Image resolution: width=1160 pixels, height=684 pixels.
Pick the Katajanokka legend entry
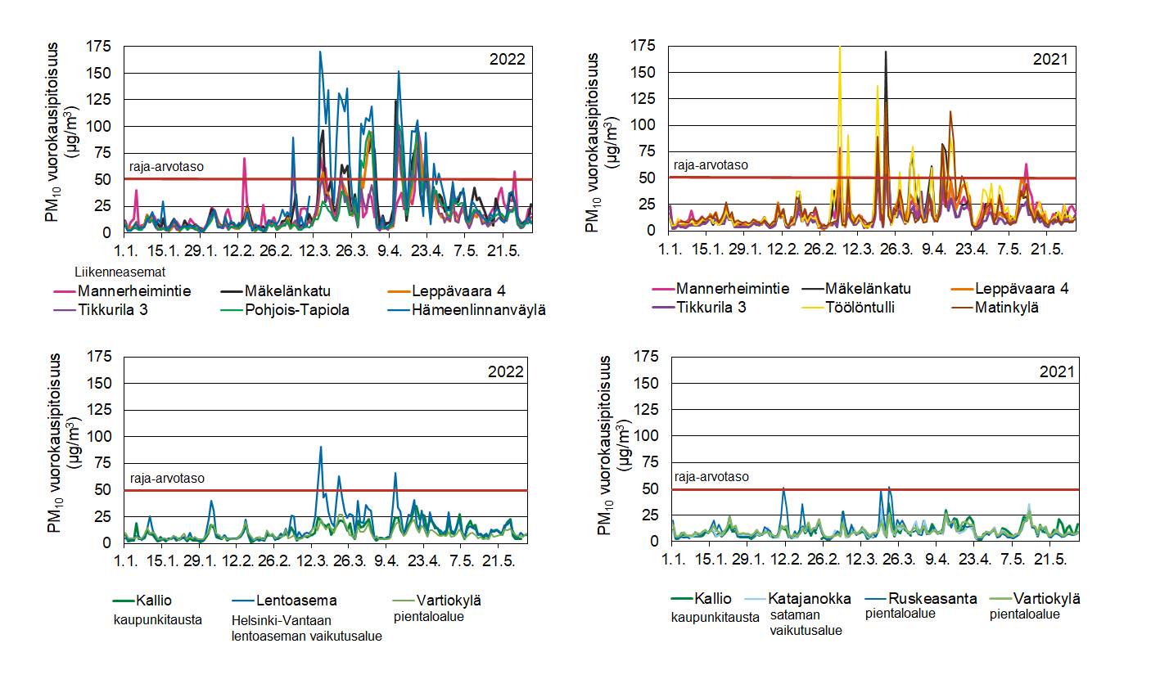810,598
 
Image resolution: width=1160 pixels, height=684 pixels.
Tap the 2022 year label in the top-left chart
507,60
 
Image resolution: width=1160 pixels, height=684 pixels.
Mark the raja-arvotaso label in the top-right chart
710,164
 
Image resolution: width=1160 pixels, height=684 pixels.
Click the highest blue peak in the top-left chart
320,52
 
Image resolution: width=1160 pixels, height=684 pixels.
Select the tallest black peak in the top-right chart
885,52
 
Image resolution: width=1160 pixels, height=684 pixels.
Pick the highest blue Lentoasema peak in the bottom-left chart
320,447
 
